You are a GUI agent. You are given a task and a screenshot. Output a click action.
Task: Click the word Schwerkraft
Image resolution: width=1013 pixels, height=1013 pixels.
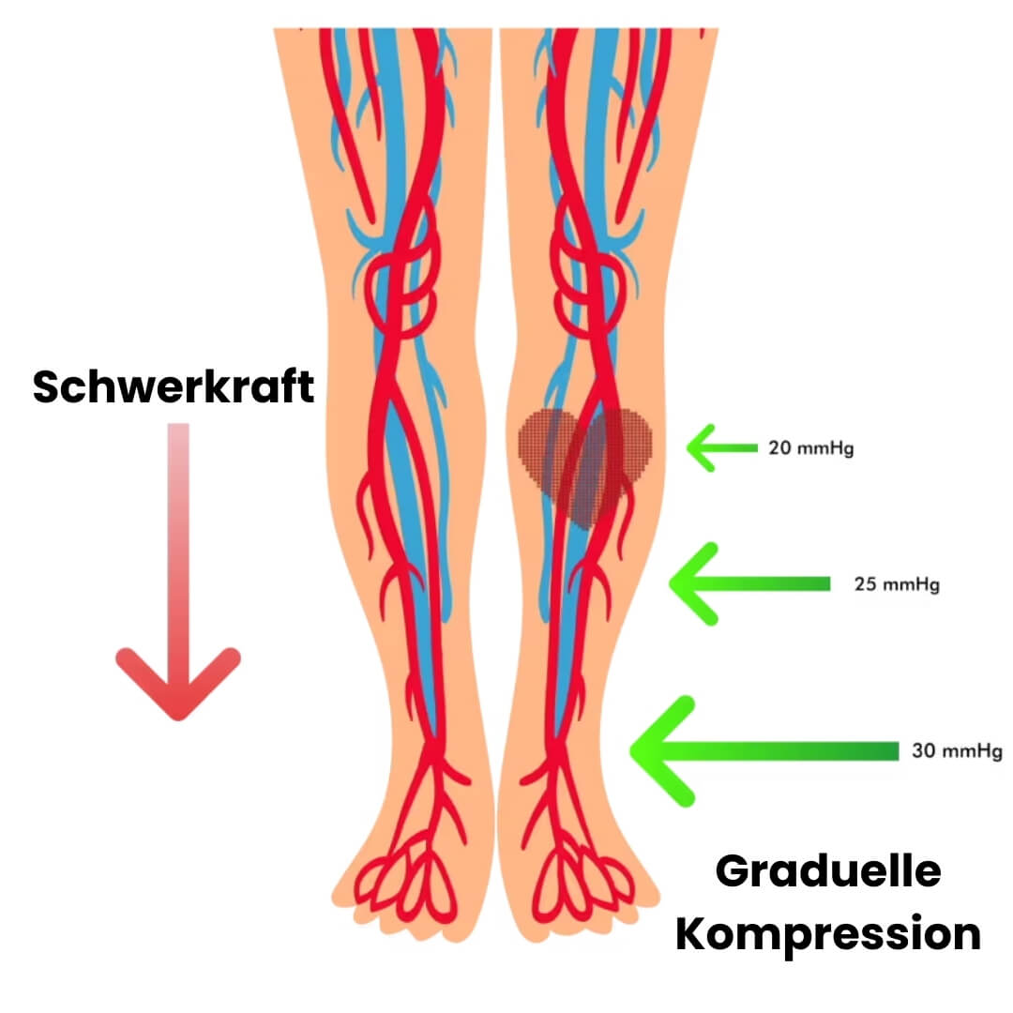click(174, 386)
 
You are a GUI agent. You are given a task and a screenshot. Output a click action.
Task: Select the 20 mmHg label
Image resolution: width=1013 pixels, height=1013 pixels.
click(811, 448)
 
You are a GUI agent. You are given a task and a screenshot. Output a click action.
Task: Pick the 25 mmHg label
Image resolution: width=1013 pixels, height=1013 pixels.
click(897, 584)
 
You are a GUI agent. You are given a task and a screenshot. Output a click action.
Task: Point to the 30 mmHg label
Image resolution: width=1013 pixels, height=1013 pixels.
click(957, 751)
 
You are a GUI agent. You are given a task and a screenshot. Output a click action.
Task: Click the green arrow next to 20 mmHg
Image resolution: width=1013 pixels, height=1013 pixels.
click(718, 448)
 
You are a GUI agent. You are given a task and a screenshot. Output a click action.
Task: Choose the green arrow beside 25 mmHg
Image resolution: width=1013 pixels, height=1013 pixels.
click(741, 583)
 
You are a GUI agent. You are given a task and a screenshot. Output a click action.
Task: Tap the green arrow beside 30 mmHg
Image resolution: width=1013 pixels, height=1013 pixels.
click(750, 750)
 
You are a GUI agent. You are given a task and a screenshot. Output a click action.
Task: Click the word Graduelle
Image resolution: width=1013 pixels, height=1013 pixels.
click(828, 872)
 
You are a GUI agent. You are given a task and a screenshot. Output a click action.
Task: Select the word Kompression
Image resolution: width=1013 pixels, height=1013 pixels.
click(828, 934)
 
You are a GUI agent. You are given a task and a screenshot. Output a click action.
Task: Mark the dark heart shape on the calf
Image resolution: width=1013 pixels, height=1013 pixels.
click(585, 460)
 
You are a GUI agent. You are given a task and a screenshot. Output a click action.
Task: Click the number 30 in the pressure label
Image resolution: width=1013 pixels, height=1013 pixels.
click(922, 751)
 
